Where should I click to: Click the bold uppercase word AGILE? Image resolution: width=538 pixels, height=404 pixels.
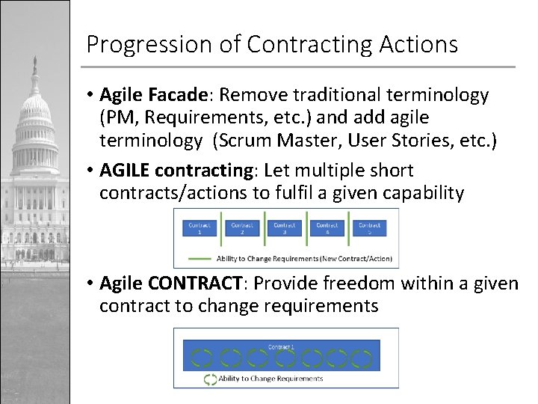(124, 171)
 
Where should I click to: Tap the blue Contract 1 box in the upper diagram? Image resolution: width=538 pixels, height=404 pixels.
(199, 228)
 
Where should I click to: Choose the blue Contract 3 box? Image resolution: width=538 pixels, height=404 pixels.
(285, 228)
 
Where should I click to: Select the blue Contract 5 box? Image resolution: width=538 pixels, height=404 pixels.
(370, 228)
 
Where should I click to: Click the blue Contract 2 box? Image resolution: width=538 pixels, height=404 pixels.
(242, 228)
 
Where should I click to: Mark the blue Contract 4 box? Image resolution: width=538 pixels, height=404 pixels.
(327, 228)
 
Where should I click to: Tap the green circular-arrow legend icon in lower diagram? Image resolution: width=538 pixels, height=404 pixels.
(210, 379)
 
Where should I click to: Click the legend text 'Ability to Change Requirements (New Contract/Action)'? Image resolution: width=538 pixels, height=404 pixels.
(303, 258)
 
